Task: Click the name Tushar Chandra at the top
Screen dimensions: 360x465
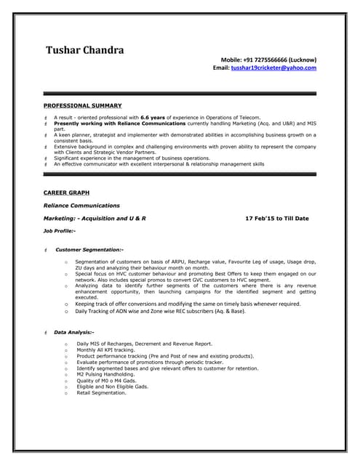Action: pyautogui.click(x=85, y=50)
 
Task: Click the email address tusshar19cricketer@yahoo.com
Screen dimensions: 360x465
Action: pyautogui.click(x=273, y=68)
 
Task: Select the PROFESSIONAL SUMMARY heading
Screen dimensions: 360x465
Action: pyautogui.click(x=82, y=105)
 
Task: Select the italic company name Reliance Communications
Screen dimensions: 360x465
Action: pyautogui.click(x=81, y=206)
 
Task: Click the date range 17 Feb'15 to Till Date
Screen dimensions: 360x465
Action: pyautogui.click(x=277, y=218)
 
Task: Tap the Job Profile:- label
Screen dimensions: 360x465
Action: pyautogui.click(x=60, y=230)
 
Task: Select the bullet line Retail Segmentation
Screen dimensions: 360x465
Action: pyautogui.click(x=101, y=393)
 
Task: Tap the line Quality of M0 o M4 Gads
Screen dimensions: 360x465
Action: pyautogui.click(x=106, y=381)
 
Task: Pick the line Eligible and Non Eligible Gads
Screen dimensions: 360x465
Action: pyautogui.click(x=112, y=387)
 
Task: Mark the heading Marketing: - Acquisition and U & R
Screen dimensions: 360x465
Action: pyautogui.click(x=95, y=218)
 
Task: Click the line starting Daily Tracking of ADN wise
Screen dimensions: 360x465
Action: pyautogui.click(x=160, y=311)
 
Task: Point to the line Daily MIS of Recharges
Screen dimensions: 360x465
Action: pyautogui.click(x=144, y=343)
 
